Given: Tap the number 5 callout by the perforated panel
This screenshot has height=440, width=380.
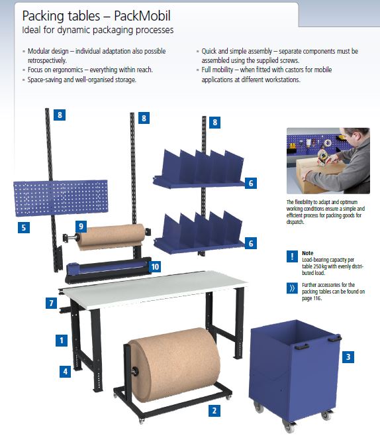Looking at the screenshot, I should (24, 227).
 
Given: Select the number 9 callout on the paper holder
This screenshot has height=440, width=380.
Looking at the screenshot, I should (81, 226).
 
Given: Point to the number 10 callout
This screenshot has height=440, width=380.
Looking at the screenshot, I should (154, 266).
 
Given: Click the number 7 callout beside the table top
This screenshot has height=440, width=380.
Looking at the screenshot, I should (51, 302).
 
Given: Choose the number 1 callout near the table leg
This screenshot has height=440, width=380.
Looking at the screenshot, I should (62, 341).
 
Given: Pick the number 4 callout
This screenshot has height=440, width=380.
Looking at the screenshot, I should (66, 371).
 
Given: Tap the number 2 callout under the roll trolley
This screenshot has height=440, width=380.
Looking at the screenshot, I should (214, 410).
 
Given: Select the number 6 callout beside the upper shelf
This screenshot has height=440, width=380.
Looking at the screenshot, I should (250, 182).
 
